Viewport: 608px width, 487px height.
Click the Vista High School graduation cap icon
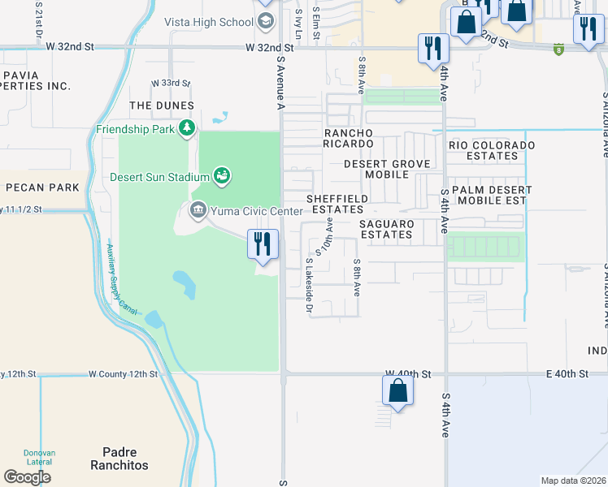coord(265,21)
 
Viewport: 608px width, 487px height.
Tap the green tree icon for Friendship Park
coord(187,128)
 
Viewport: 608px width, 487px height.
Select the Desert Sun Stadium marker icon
coord(221,175)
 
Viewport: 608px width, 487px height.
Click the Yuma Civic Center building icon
coord(198,211)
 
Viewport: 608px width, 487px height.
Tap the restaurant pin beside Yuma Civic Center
coord(263,243)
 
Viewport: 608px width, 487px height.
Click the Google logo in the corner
coord(27,477)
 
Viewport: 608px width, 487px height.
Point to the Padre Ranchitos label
coord(125,459)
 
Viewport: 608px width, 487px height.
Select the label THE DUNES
coord(161,106)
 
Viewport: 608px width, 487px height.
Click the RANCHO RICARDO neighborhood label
coord(348,139)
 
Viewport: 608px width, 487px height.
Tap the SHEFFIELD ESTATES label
coord(337,204)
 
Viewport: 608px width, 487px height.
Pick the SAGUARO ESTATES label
coord(387,229)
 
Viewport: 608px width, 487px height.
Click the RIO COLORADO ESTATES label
coord(492,150)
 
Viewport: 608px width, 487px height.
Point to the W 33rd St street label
coord(171,84)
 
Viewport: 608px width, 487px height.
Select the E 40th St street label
coord(566,374)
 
